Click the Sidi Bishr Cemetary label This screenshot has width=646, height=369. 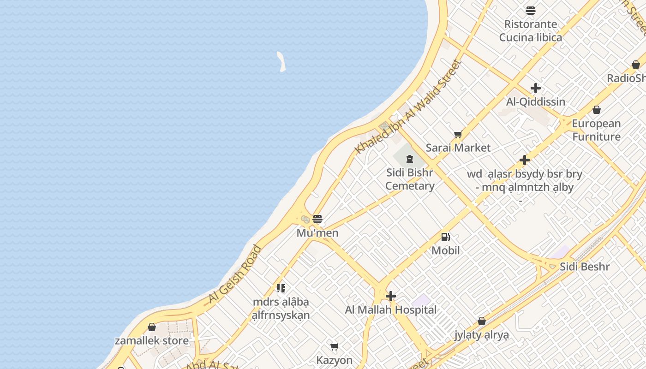(x=410, y=179)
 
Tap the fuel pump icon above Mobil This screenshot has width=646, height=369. (x=445, y=237)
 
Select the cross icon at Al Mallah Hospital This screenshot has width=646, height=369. (x=391, y=296)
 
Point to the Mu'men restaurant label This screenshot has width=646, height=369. (x=317, y=233)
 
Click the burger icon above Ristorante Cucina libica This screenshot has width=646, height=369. (x=531, y=11)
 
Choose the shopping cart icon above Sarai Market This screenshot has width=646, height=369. (x=458, y=135)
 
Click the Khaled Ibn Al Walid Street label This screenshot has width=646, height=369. (x=408, y=107)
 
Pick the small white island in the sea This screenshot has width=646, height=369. (x=281, y=61)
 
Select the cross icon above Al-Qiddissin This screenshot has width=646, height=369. (x=536, y=88)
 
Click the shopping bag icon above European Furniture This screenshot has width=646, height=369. (x=597, y=110)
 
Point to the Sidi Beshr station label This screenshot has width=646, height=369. (x=585, y=267)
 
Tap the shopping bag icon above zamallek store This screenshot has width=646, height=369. (x=152, y=327)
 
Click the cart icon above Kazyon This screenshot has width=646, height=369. (x=335, y=346)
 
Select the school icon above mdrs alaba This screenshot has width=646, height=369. (x=281, y=289)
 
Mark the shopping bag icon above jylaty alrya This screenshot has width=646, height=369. (x=482, y=321)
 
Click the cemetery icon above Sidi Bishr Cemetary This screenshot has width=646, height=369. (x=409, y=160)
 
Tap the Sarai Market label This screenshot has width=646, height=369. (x=458, y=148)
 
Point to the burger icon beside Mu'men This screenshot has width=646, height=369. (x=317, y=219)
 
